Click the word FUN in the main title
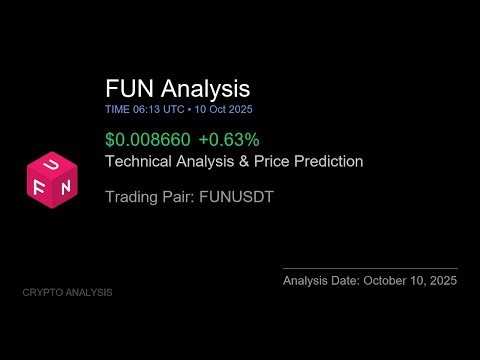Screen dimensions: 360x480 click(x=128, y=89)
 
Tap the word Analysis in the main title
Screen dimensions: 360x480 click(x=203, y=89)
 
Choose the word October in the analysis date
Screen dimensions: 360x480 click(x=384, y=281)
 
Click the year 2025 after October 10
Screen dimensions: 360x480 click(x=440, y=281)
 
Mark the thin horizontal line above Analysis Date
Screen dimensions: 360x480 click(x=370, y=268)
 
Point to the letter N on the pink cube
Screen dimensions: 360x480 click(x=65, y=186)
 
